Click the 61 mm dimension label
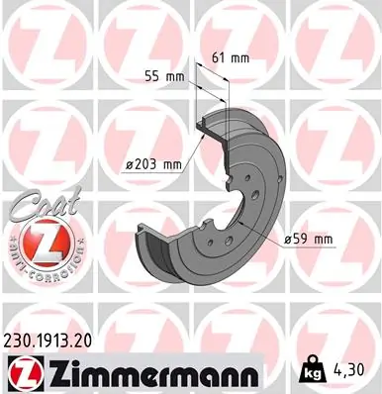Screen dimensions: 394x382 (x=231, y=58)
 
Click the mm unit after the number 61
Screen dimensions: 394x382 (x=239, y=58)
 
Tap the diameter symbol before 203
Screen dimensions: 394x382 (x=130, y=164)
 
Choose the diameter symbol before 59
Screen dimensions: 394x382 (x=286, y=238)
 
